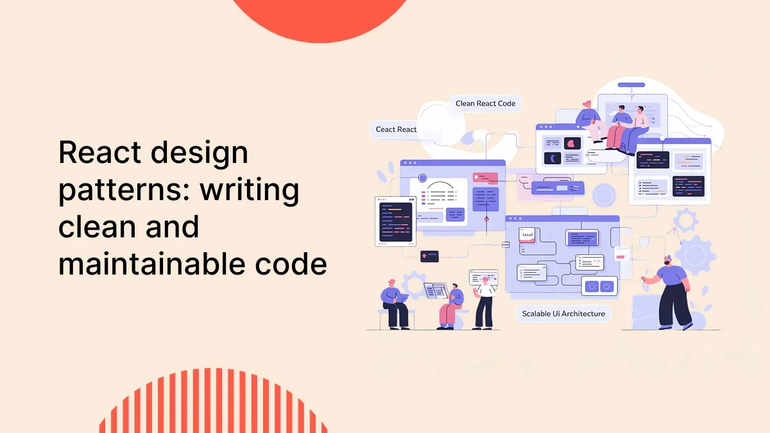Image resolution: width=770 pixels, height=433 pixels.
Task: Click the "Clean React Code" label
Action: pos(485,103)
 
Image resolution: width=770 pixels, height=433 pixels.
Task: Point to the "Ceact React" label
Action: pos(396,130)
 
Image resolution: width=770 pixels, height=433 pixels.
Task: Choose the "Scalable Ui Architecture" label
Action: pos(563,314)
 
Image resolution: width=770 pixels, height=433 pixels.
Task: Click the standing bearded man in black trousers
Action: pos(671,292)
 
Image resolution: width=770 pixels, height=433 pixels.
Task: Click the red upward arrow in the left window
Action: pos(486,222)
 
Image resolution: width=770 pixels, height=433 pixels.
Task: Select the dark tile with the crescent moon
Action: pos(553,158)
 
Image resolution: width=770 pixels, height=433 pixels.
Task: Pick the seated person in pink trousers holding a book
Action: pos(452,306)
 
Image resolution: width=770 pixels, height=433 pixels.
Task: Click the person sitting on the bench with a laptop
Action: pos(393,303)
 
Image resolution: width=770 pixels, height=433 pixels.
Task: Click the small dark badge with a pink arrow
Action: pos(429,256)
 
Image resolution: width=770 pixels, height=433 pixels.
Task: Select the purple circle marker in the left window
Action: pos(422,178)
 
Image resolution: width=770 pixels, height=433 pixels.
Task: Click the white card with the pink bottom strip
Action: pos(527,235)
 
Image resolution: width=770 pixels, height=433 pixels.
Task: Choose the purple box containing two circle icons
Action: pos(599,285)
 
